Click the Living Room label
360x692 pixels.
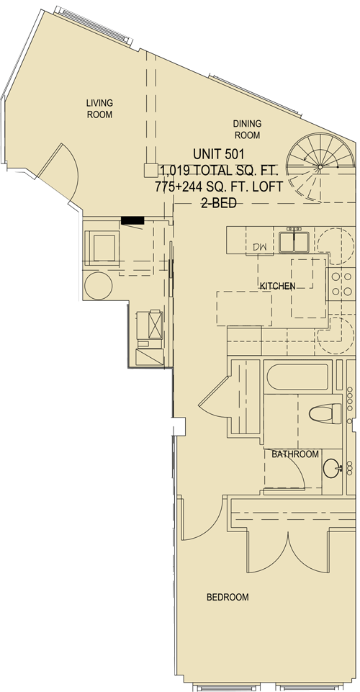[99, 109]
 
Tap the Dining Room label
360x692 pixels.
[247, 130]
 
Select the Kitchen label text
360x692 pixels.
[277, 286]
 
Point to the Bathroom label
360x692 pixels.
[294, 454]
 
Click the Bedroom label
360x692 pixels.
[228, 597]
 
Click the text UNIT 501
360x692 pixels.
[219, 154]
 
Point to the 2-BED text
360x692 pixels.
[219, 202]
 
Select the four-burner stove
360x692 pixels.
[341, 284]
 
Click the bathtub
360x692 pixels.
[299, 377]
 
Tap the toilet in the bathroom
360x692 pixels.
[325, 414]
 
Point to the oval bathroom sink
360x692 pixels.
[332, 468]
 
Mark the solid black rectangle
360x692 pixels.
[132, 220]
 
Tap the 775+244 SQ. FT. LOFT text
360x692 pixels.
[219, 187]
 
